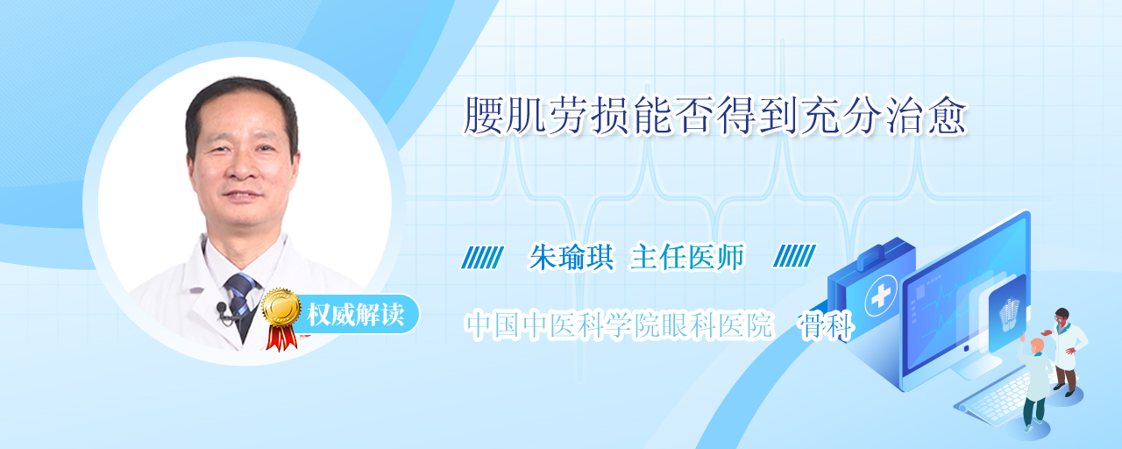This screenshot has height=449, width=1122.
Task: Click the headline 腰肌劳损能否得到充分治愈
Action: (x=714, y=117)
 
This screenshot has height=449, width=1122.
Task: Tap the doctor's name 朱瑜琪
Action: (x=572, y=257)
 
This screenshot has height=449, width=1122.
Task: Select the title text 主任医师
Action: (x=687, y=257)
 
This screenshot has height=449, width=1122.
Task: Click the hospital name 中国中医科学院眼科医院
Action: (x=619, y=325)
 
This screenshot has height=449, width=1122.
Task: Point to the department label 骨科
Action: (x=825, y=325)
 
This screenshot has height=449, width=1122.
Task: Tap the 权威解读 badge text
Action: (x=356, y=315)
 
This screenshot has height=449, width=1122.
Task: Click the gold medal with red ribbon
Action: (x=281, y=318)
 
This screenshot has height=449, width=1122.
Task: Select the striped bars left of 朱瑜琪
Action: (x=482, y=257)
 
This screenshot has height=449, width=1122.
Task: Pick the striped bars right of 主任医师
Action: (x=794, y=256)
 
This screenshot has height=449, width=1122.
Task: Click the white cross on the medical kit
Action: (x=881, y=296)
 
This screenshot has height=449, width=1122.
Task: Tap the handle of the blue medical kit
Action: (x=874, y=254)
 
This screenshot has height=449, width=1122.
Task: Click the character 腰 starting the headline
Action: (x=483, y=117)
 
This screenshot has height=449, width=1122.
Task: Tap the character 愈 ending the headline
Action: (x=947, y=117)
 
